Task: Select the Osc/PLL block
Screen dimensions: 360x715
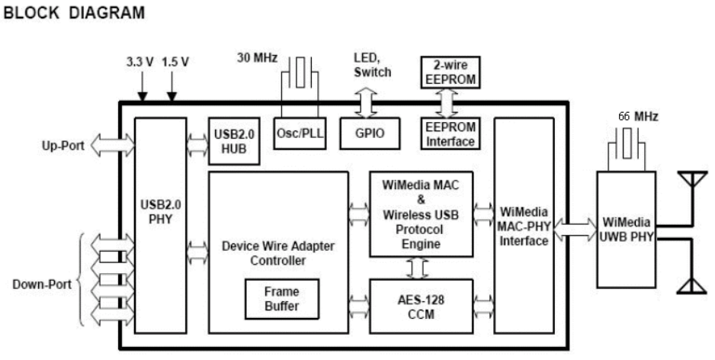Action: (299, 133)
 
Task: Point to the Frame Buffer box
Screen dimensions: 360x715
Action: (281, 299)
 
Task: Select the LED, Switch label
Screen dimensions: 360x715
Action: (373, 65)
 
